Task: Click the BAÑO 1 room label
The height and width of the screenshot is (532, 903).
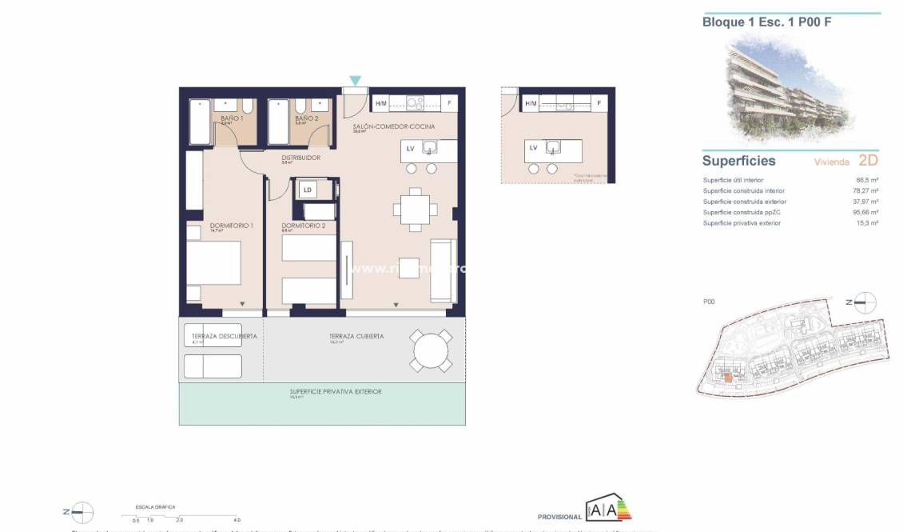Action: (x=232, y=118)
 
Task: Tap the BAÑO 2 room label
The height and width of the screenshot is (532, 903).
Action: (x=307, y=118)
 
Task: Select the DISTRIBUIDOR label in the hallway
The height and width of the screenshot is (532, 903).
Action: (x=301, y=158)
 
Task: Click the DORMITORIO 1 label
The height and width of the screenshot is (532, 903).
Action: (x=231, y=226)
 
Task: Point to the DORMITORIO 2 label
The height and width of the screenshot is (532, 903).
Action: (x=304, y=226)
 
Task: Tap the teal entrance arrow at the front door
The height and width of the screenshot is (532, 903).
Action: (x=355, y=80)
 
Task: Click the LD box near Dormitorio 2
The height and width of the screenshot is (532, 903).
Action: (x=308, y=190)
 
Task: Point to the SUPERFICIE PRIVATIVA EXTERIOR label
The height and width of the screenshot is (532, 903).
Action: (x=336, y=392)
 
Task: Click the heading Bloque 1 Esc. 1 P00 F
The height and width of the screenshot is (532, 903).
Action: (x=766, y=22)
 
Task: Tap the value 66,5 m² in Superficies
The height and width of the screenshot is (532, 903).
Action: (x=868, y=180)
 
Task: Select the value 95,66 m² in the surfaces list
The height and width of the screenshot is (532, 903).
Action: (x=866, y=213)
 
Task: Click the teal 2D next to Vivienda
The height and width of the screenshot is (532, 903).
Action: (x=867, y=160)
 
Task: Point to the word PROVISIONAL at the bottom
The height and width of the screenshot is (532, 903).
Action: (x=560, y=518)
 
